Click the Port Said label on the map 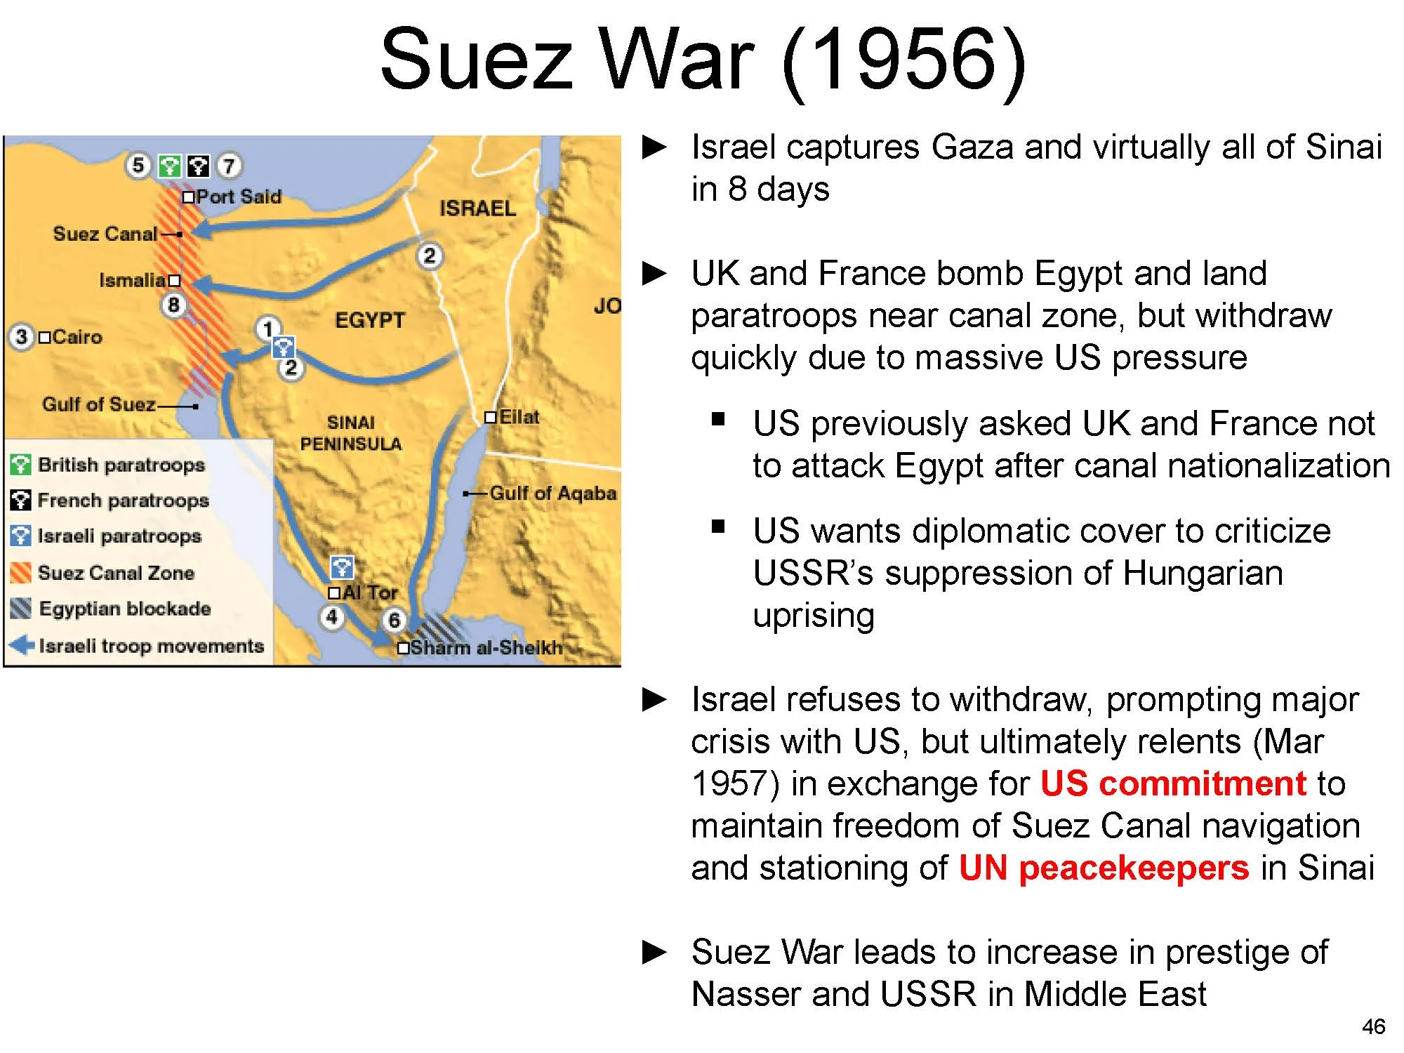click(x=238, y=197)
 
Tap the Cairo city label click(x=77, y=337)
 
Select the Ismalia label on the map click(x=133, y=280)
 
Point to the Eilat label click(x=519, y=417)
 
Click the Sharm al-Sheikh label click(x=486, y=647)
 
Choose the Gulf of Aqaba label click(x=552, y=494)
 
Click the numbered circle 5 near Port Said click(x=138, y=166)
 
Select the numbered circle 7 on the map click(x=228, y=166)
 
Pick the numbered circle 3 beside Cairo click(x=22, y=337)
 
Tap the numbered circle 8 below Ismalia click(x=173, y=305)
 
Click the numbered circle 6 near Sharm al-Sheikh click(x=394, y=620)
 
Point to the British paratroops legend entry click(x=121, y=465)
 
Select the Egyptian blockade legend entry click(x=124, y=609)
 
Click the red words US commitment click(x=1173, y=783)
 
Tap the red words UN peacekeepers click(x=1104, y=868)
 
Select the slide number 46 click(x=1373, y=1026)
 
